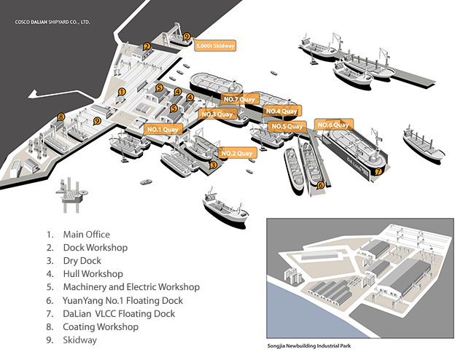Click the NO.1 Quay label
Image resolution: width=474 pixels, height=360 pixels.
click(x=163, y=130)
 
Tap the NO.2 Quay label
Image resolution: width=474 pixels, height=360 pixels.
click(x=237, y=153)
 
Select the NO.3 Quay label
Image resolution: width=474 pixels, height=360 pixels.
click(x=217, y=114)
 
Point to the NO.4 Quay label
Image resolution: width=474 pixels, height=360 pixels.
click(x=281, y=111)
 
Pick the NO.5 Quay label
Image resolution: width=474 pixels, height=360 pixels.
click(x=287, y=126)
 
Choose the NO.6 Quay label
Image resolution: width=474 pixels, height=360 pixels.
click(x=333, y=125)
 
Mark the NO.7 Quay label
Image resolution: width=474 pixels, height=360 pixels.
click(x=239, y=99)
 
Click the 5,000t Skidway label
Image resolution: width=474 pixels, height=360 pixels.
click(x=215, y=46)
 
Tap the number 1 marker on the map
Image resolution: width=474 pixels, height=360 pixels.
click(x=122, y=92)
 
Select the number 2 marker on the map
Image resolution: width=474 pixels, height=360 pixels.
click(x=147, y=47)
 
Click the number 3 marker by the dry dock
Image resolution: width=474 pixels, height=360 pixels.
click(x=214, y=165)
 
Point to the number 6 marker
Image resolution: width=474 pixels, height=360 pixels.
click(x=321, y=185)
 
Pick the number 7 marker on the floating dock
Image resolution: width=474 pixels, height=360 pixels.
click(x=378, y=171)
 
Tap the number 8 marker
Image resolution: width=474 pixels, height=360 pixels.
click(x=61, y=117)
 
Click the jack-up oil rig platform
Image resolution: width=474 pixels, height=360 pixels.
click(x=71, y=195)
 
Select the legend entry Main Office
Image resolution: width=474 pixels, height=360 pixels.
click(x=87, y=235)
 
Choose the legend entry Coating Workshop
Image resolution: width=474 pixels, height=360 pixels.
click(x=101, y=326)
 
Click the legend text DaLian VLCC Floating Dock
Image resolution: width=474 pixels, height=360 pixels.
click(x=119, y=314)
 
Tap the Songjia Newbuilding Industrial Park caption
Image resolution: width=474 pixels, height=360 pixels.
click(x=309, y=346)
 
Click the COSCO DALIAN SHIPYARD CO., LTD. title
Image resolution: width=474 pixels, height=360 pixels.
click(x=53, y=22)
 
